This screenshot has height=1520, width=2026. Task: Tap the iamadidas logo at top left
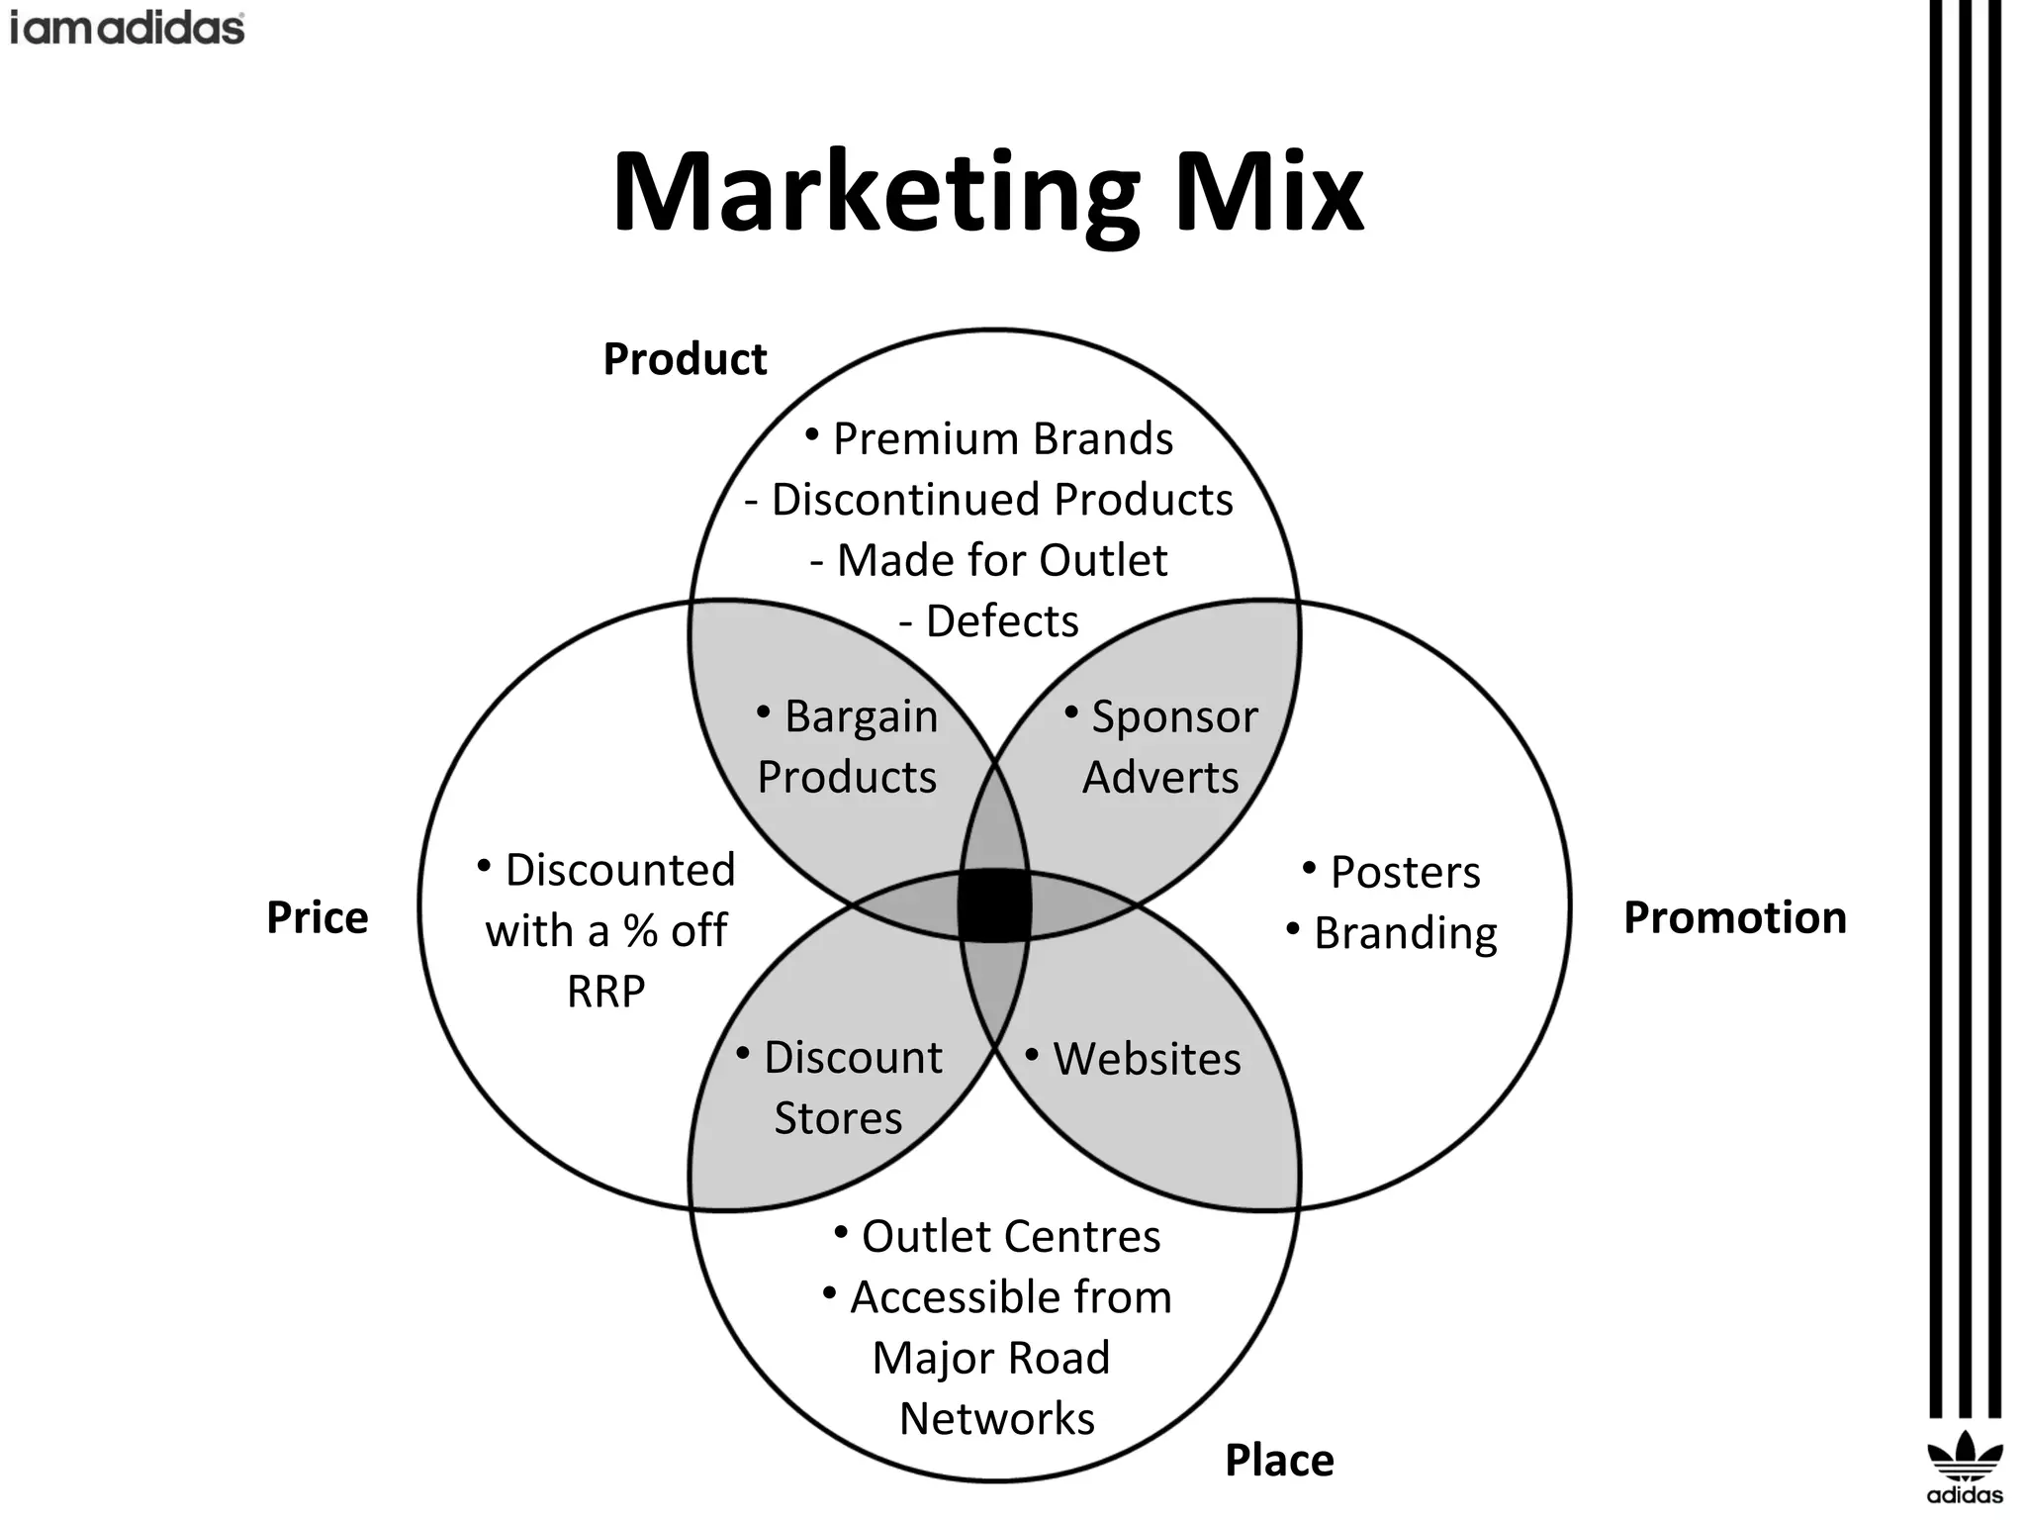pos(127,28)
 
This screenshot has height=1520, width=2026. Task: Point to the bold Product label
pos(685,359)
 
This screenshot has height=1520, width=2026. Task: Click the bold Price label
pos(317,918)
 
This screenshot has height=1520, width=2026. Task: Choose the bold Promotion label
pos(1735,918)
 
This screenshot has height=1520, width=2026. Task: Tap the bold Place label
pos(1279,1461)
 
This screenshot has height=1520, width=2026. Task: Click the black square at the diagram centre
pos(994,903)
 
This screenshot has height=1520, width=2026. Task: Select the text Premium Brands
pos(1002,439)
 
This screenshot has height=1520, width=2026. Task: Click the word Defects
pos(1002,621)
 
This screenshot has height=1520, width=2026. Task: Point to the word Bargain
pos(861,717)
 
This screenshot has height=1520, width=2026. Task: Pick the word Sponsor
pos(1174,717)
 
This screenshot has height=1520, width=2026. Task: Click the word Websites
pos(1147,1059)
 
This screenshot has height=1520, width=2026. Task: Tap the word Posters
pos(1405,873)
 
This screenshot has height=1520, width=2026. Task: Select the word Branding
pos(1405,933)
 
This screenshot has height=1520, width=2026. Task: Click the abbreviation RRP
pos(605,992)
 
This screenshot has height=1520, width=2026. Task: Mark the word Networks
pos(997,1419)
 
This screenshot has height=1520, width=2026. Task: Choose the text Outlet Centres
pos(1010,1237)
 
